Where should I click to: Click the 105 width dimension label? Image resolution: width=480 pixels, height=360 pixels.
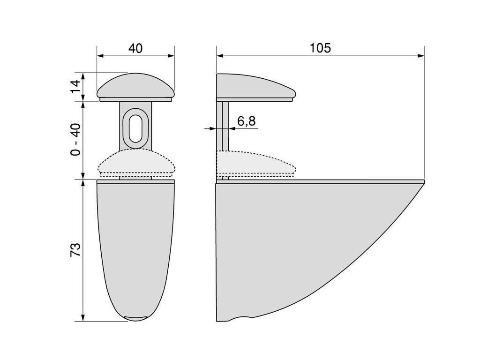(x=320, y=48)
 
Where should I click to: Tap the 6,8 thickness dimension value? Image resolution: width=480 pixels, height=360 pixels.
(x=246, y=121)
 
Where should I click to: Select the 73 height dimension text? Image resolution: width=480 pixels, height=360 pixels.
(x=75, y=249)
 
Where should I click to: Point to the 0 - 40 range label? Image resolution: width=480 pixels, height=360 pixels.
(x=75, y=140)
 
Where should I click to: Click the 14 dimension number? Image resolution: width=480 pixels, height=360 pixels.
(x=75, y=86)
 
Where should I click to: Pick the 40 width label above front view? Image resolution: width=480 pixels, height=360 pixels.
(x=135, y=48)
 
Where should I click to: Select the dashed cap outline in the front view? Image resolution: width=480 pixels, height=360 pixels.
(x=136, y=163)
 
